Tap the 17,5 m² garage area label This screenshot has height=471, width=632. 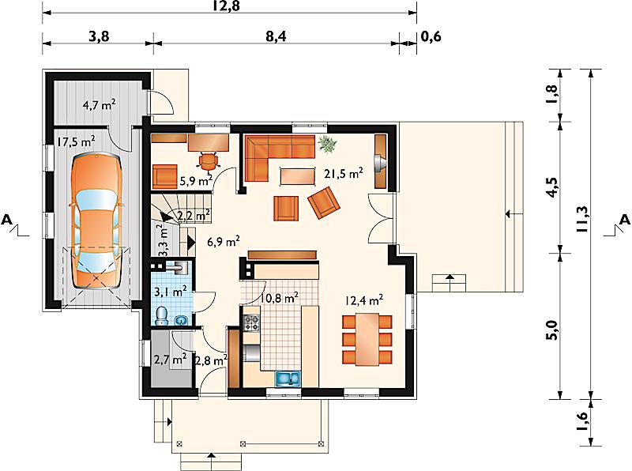coord(76,141)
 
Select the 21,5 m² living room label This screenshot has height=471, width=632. coord(344,173)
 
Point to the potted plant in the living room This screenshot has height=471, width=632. coord(327,144)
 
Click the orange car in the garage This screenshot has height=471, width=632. coord(96,221)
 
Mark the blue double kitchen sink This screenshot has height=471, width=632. coord(288,379)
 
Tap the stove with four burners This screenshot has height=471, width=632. coord(252,322)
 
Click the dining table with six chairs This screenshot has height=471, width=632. coord(367,339)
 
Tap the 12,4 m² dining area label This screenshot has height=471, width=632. coord(364,300)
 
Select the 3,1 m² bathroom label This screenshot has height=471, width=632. coord(171,290)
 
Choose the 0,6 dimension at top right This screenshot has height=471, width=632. coord(431,36)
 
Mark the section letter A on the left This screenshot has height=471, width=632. coord(7,220)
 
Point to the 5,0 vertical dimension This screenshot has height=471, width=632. coord(552,330)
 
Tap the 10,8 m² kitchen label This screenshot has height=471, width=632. coord(280,298)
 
